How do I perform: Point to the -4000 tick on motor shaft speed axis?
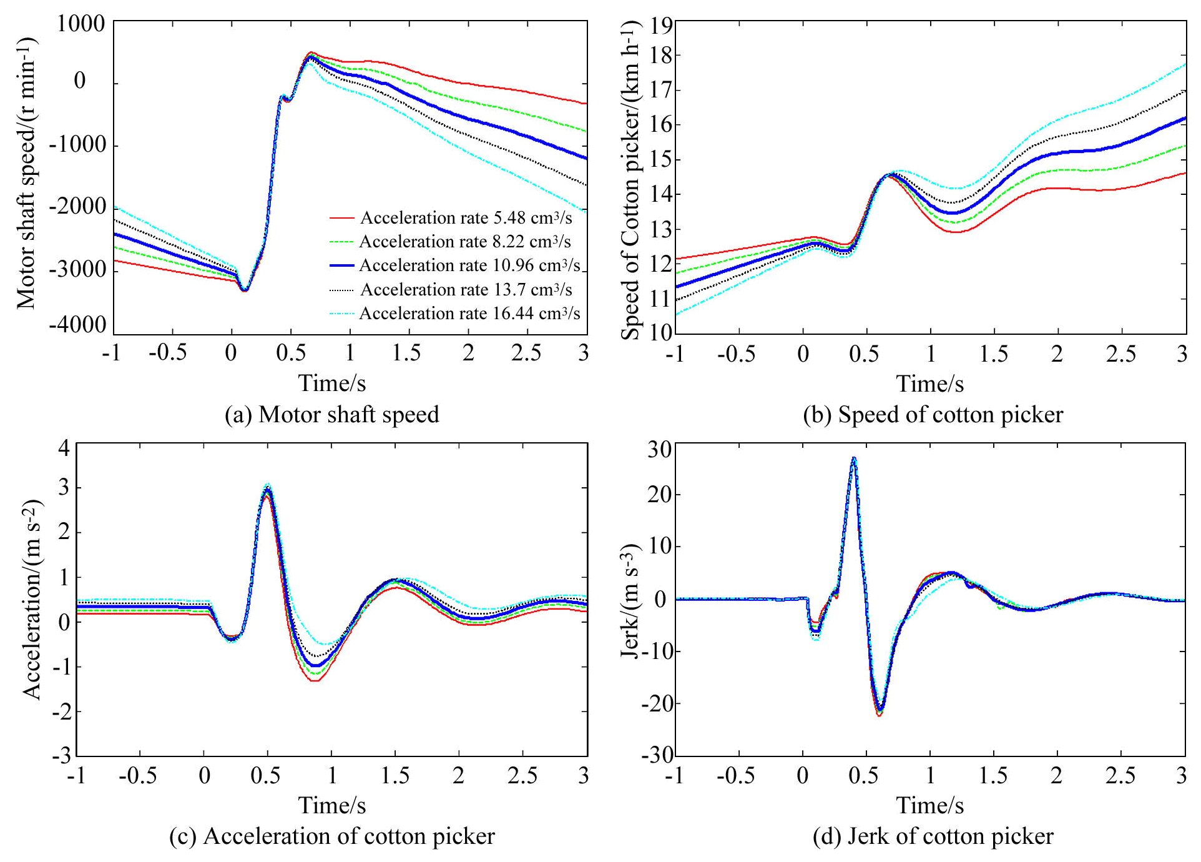pyautogui.click(x=78, y=325)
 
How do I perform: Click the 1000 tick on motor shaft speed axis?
pyautogui.click(x=81, y=24)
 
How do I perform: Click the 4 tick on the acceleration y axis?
pyautogui.click(x=64, y=447)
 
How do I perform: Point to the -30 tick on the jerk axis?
pyautogui.click(x=657, y=755)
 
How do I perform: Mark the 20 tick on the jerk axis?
pyautogui.click(x=659, y=494)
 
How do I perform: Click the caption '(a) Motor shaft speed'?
pyautogui.click(x=331, y=415)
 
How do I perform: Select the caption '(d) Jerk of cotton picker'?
pyautogui.click(x=933, y=836)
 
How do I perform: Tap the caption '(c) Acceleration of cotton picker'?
pyautogui.click(x=331, y=836)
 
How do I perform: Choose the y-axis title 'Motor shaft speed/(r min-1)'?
pyautogui.click(x=26, y=173)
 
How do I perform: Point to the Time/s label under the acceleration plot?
pyautogui.click(x=331, y=806)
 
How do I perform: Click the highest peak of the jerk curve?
pyautogui.click(x=854, y=458)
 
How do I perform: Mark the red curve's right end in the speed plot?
pyautogui.click(x=1185, y=173)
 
